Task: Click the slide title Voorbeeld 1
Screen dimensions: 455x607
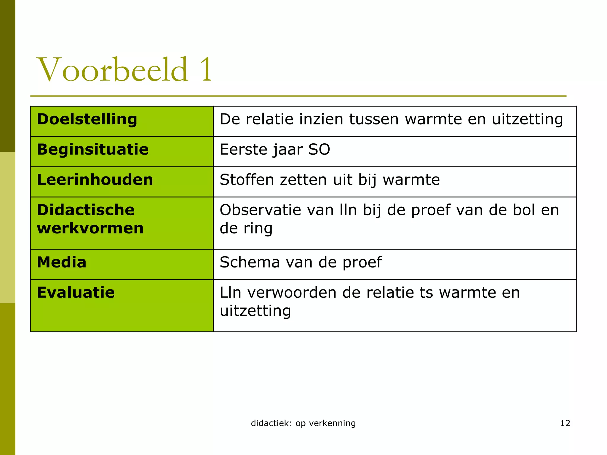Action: (x=124, y=70)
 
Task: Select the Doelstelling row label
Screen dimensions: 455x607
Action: (x=87, y=119)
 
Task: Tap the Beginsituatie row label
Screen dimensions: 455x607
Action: (x=92, y=149)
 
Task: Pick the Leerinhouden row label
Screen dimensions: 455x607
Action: (x=95, y=180)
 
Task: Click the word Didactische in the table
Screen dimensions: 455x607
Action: (x=86, y=210)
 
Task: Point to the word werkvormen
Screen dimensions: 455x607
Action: (x=90, y=228)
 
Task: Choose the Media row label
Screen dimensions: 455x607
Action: (x=62, y=262)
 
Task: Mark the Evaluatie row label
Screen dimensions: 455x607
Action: (x=76, y=293)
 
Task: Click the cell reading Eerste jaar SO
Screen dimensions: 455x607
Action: (x=275, y=149)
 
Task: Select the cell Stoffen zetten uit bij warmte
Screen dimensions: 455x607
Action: (x=330, y=180)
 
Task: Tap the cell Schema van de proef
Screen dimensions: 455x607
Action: (x=301, y=262)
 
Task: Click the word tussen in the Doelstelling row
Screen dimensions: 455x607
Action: (x=373, y=119)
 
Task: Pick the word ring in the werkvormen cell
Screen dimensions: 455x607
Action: (x=258, y=228)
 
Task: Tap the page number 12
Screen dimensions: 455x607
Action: (x=565, y=423)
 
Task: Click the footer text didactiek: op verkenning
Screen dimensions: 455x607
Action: (x=303, y=423)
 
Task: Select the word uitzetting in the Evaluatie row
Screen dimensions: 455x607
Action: (x=255, y=311)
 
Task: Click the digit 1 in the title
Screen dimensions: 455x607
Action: (x=206, y=70)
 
